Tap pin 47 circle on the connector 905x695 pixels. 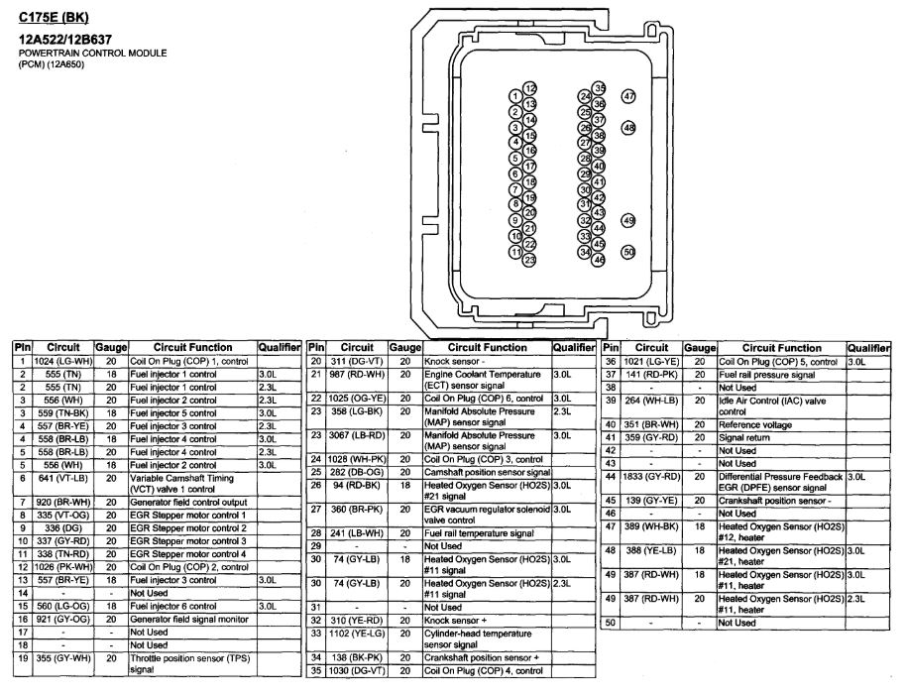tap(628, 96)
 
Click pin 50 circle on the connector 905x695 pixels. tap(628, 252)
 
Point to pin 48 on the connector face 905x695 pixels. tap(628, 128)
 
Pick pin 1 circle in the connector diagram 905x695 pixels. tap(515, 96)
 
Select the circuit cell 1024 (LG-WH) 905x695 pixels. tap(62, 362)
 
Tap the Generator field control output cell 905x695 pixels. tap(187, 503)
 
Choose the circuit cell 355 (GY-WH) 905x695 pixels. tap(62, 657)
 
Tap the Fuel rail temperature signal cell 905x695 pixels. tap(480, 532)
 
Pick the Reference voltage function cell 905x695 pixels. tap(757, 424)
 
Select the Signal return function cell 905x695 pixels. tap(744, 437)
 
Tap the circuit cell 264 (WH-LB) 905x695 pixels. tap(651, 405)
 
